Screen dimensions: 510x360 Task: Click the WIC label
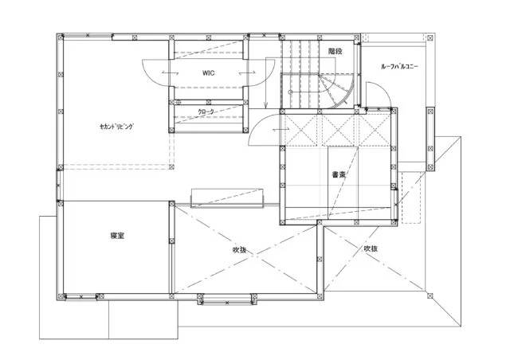coord(208,72)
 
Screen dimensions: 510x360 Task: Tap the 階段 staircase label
coord(335,51)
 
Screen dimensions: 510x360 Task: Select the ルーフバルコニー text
coord(400,67)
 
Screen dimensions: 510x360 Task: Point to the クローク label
coord(206,112)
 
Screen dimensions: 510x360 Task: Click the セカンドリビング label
coord(117,127)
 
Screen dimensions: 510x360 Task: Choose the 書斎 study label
coord(339,174)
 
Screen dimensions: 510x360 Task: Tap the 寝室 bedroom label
coord(117,236)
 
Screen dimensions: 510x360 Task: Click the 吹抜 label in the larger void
coord(239,250)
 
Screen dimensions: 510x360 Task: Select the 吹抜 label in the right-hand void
coord(371,248)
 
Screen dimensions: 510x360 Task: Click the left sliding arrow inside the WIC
coord(170,72)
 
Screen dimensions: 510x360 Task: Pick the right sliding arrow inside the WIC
coord(247,73)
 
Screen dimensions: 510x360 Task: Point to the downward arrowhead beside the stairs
coord(265,105)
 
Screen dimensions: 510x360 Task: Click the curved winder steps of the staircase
coord(336,91)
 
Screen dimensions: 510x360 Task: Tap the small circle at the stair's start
coord(291,92)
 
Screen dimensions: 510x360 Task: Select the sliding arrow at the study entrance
coord(281,130)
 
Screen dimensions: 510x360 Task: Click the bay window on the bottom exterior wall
coord(227,299)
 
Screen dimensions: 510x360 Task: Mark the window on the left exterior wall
coord(58,186)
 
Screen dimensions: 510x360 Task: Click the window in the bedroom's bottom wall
coord(81,296)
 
